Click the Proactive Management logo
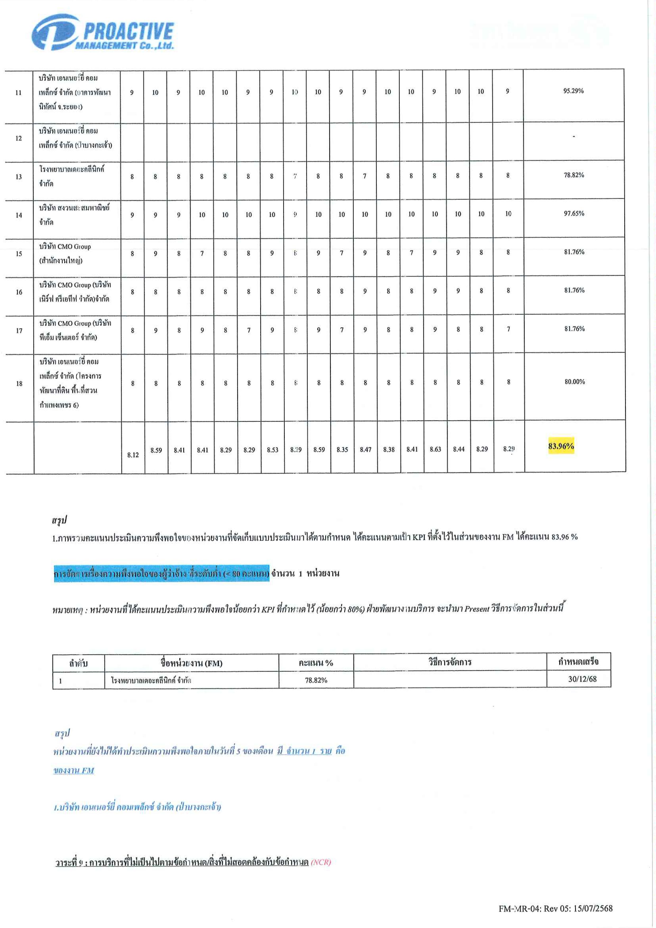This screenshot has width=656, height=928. (x=103, y=32)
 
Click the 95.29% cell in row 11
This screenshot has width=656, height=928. (x=573, y=91)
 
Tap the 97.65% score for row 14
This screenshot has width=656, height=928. (x=574, y=213)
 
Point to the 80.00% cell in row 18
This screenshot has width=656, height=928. (x=574, y=382)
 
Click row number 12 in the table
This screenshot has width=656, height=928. (x=19, y=138)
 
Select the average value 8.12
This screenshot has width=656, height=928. (x=133, y=455)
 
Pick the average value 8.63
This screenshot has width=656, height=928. (x=435, y=449)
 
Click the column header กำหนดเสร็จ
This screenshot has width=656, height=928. (x=578, y=662)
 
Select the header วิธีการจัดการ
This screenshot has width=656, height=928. (x=449, y=662)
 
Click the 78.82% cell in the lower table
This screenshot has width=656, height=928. (x=316, y=680)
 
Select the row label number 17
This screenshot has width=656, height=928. (x=19, y=331)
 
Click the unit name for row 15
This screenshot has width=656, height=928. (x=65, y=253)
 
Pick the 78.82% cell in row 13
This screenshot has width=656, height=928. (x=574, y=175)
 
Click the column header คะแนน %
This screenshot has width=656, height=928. (x=316, y=663)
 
